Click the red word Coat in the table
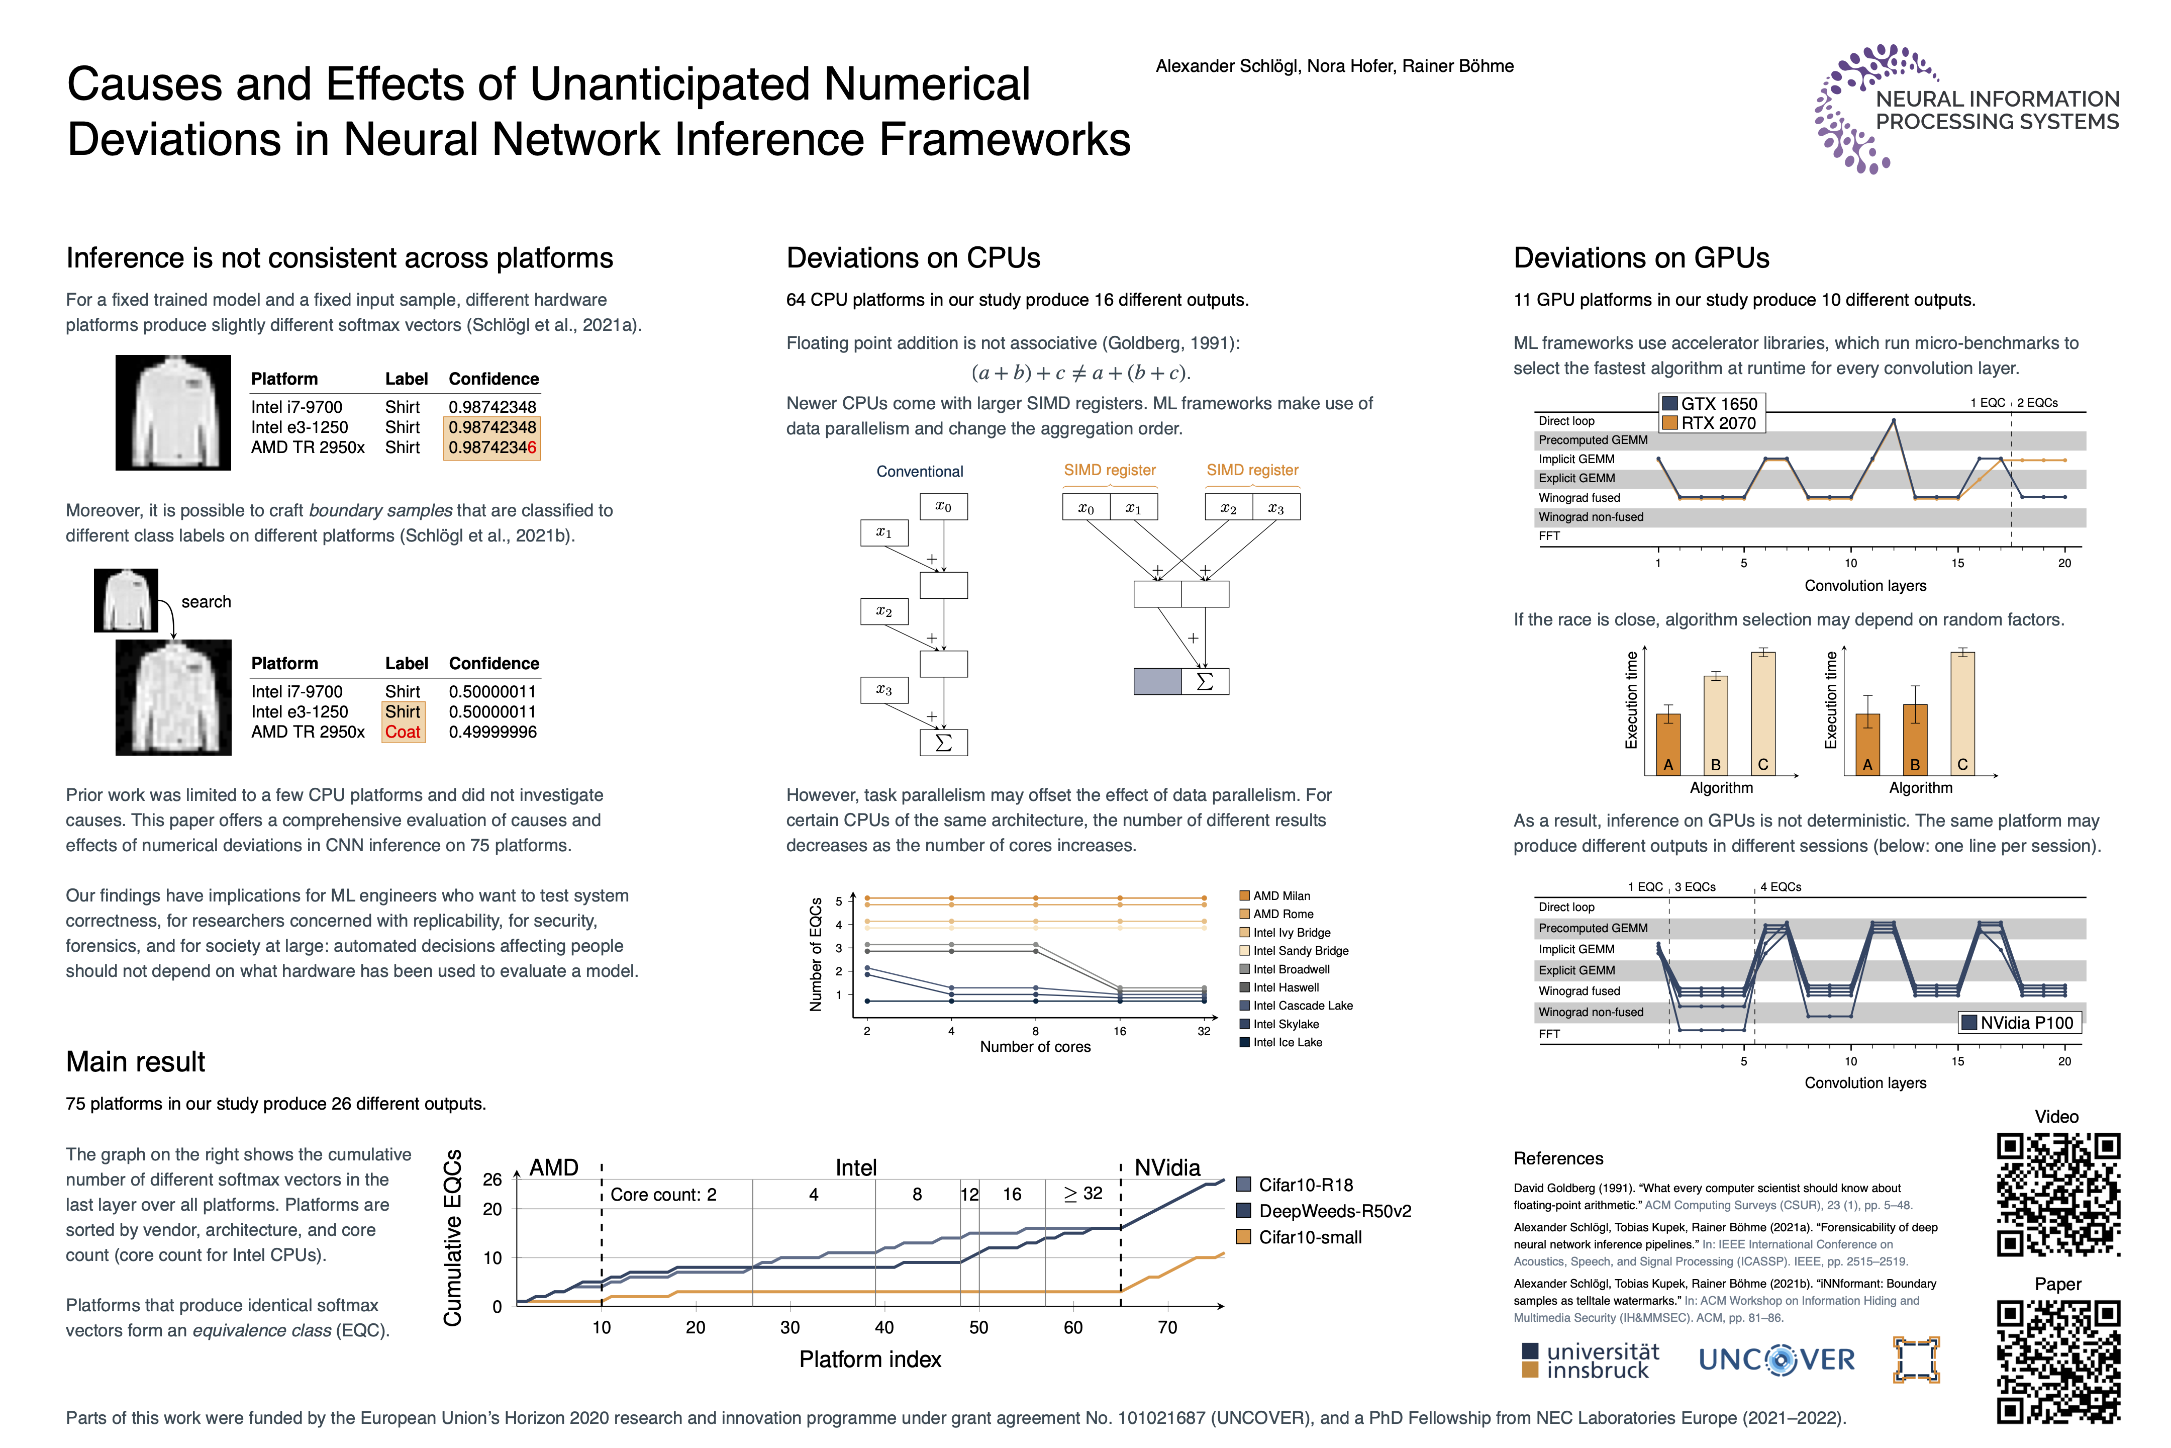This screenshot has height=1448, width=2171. (x=403, y=733)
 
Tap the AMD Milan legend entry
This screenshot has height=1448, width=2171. (x=1281, y=896)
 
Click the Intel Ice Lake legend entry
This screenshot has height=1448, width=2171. (x=1287, y=1043)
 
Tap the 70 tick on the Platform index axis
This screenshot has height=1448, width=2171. (x=1167, y=1328)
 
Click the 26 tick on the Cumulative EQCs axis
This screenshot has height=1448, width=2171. (x=492, y=1180)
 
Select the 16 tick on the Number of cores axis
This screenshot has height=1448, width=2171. (x=1120, y=1032)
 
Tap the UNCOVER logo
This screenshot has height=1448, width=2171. (x=1776, y=1360)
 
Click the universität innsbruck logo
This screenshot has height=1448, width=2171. (x=1590, y=1361)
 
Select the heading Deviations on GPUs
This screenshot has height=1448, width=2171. (x=1641, y=258)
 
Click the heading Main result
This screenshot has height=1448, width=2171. (x=136, y=1062)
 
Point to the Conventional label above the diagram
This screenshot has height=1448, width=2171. (x=919, y=472)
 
